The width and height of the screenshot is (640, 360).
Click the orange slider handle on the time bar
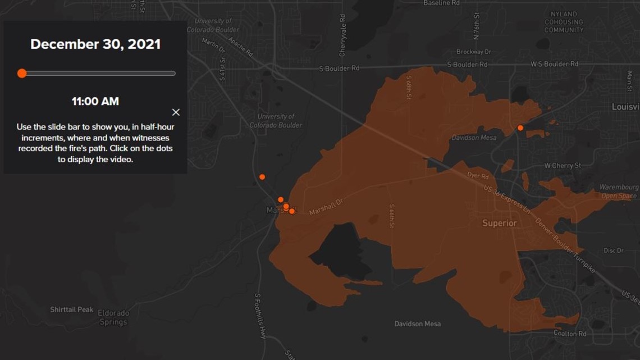pyautogui.click(x=22, y=73)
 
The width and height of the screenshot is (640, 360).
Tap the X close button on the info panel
pyautogui.click(x=176, y=112)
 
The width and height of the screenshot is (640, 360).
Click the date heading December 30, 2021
pyautogui.click(x=95, y=44)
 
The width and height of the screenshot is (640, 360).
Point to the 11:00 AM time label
pyautogui.click(x=95, y=102)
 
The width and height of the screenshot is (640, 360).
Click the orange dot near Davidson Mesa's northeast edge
pyautogui.click(x=520, y=128)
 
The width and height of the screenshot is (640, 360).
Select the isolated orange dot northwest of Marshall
pyautogui.click(x=262, y=177)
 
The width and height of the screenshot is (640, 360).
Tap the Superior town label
pyautogui.click(x=499, y=223)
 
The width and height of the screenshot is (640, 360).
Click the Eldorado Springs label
pyautogui.click(x=113, y=317)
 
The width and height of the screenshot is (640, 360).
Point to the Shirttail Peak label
pyautogui.click(x=72, y=309)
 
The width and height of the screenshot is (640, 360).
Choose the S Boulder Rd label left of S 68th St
pyautogui.click(x=339, y=69)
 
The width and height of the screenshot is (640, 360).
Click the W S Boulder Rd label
pyautogui.click(x=554, y=64)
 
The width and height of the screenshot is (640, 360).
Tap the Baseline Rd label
pyautogui.click(x=441, y=3)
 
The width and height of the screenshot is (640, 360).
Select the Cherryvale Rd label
pyautogui.click(x=342, y=35)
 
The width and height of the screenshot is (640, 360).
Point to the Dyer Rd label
pyautogui.click(x=478, y=176)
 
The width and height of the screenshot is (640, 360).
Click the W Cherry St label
pyautogui.click(x=563, y=166)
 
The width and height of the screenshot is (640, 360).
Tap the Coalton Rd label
pyautogui.click(x=570, y=334)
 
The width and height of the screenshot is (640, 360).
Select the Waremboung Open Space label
pyautogui.click(x=619, y=192)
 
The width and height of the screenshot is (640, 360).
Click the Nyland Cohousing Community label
pyautogui.click(x=564, y=22)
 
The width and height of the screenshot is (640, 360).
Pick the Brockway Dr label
pyautogui.click(x=474, y=52)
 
